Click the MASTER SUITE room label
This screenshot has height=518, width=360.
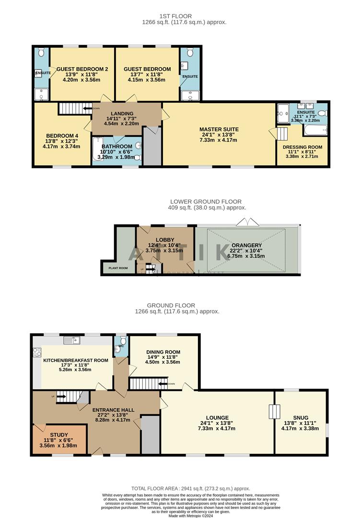[x=219, y=129]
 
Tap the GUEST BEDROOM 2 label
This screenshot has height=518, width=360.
[x=82, y=69]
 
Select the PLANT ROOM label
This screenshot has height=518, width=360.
[x=118, y=268]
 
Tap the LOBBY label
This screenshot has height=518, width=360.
[x=165, y=239]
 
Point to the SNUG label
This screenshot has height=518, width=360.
[x=302, y=417]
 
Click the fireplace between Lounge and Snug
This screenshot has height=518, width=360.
[x=274, y=412]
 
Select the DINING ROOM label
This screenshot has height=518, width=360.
[x=163, y=352]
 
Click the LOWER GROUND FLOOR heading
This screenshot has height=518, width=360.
[x=206, y=201]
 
